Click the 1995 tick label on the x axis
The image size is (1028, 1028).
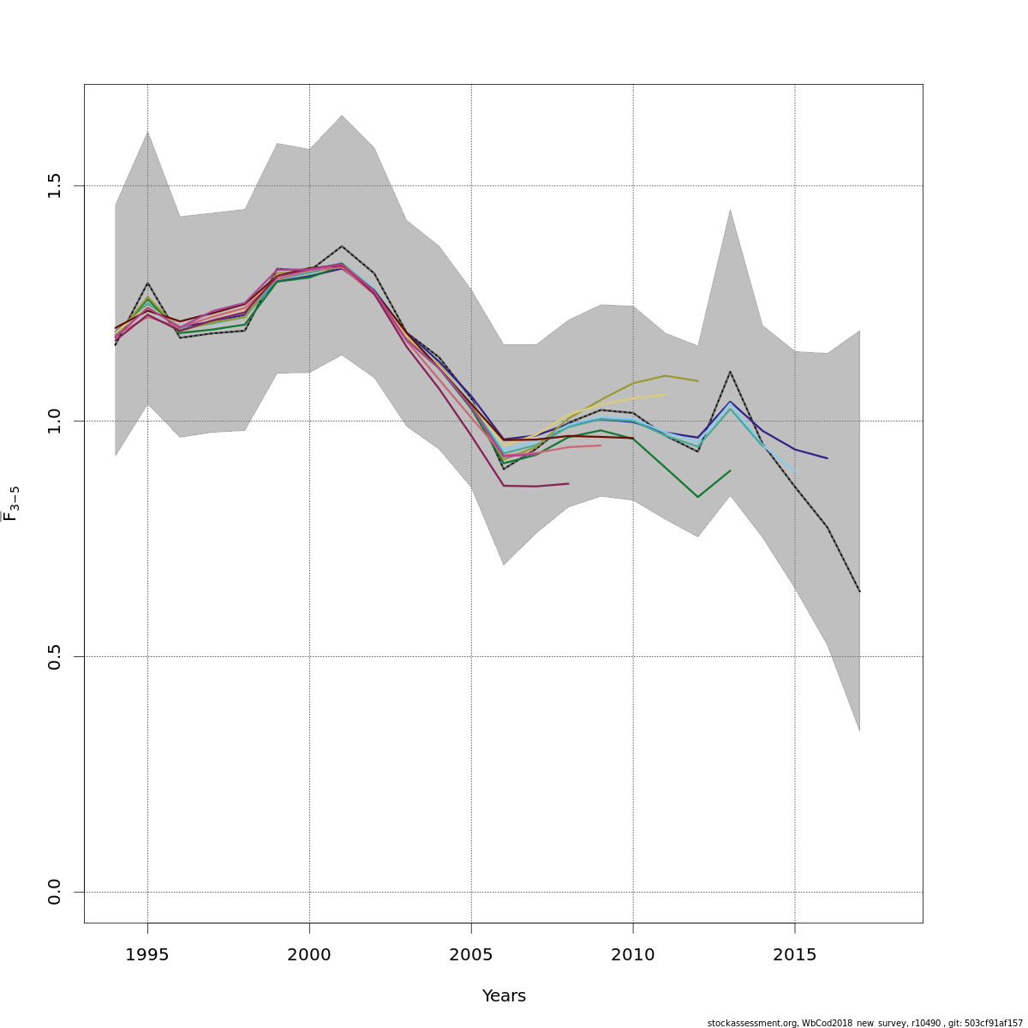147,955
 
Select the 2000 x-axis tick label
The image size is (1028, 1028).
309,955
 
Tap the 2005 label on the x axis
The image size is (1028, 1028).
471,955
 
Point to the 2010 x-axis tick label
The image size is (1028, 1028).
633,955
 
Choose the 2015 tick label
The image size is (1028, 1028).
795,955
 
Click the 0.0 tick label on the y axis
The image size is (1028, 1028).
55,892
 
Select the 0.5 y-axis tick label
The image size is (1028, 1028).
55,656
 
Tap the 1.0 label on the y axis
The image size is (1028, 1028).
55,421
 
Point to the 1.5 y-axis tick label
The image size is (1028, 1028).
55,185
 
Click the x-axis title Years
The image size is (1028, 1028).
504,996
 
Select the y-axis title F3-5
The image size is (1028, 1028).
11,504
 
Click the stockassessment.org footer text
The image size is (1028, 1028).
864,1023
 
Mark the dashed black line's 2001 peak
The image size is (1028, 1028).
342,246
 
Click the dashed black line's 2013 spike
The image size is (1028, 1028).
730,371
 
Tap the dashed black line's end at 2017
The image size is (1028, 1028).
859,591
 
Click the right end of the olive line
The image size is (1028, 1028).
697,380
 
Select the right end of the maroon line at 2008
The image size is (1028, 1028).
568,483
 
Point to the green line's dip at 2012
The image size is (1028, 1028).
697,497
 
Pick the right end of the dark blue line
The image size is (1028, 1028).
827,458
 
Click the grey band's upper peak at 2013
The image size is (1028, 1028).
730,210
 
